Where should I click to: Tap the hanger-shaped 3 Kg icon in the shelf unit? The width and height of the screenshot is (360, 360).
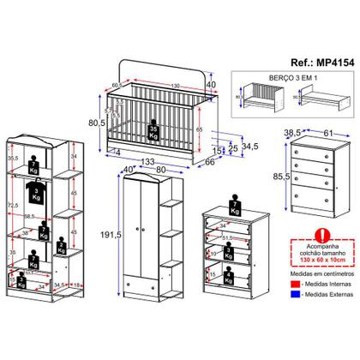coord(32,189)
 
